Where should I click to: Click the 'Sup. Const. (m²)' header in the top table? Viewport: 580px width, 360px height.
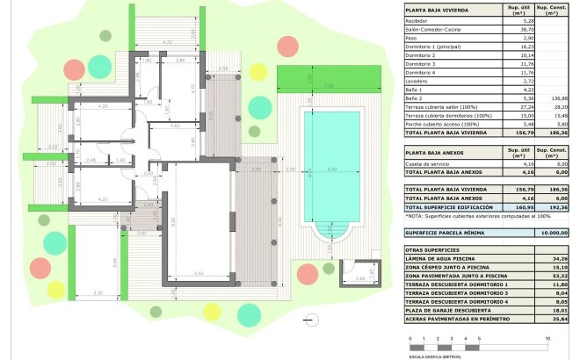coord(551,11)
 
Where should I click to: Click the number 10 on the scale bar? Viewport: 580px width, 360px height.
coord(547,337)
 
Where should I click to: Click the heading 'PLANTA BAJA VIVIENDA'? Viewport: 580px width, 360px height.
coord(437,11)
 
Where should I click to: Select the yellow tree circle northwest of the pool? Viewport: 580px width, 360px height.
coord(257,71)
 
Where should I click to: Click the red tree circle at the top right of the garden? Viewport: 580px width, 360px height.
coord(286,47)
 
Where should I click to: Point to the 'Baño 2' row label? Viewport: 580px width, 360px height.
coord(415,97)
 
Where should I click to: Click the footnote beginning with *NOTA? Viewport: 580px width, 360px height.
coord(466,215)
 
